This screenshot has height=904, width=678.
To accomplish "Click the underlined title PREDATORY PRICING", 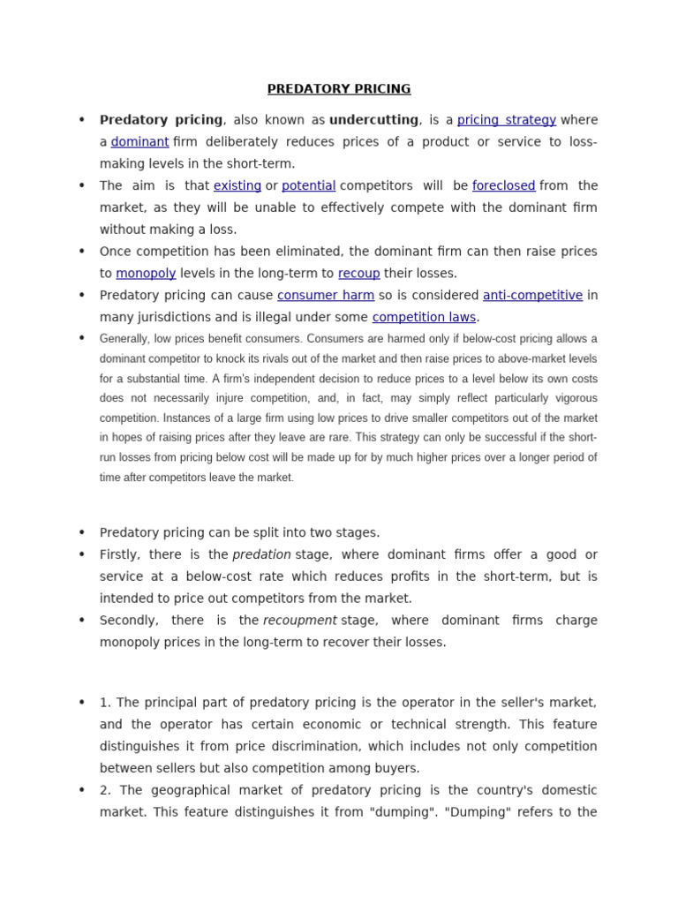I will (x=339, y=89).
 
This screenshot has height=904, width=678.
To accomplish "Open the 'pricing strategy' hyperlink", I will (x=506, y=120).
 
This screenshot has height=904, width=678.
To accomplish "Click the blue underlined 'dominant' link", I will (x=139, y=142).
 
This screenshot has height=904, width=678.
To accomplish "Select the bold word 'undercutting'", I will (x=373, y=120).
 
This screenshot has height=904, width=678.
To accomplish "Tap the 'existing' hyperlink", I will (x=237, y=186).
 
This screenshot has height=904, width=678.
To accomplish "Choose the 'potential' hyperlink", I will (x=308, y=186).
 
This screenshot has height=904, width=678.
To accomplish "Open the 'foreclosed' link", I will (x=503, y=186).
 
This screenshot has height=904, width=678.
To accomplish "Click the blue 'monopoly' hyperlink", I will (x=146, y=274).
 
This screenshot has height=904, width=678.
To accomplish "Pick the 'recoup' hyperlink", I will (x=358, y=274).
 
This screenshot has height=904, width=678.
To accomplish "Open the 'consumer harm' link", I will (x=326, y=296).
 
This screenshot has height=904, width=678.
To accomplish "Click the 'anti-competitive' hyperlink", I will (x=532, y=296).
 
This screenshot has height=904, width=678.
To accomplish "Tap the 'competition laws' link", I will (x=424, y=318).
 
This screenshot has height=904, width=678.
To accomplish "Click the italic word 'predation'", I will (x=261, y=554).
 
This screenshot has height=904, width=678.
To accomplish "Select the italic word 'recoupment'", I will (x=299, y=621).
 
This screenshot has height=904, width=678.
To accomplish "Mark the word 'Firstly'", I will (x=119, y=554).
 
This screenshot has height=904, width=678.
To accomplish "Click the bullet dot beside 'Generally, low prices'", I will (x=81, y=338).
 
